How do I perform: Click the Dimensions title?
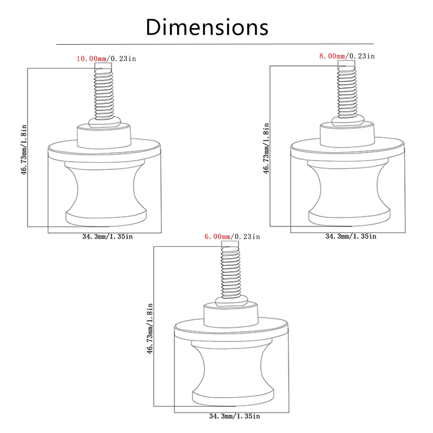pos(207,27)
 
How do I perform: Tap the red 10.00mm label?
pos(91,58)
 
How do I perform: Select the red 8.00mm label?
pos(332,56)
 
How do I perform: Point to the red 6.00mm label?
pos(217,237)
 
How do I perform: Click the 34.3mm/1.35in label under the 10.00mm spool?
pos(107,237)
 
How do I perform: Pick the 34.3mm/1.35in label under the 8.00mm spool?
pos(351,236)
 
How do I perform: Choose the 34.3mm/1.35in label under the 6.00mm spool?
pos(234,416)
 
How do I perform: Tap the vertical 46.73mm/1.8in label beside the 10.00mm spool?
pos(24,150)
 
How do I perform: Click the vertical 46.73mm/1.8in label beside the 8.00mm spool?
pos(266,148)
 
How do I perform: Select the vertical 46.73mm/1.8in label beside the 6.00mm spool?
pos(149,329)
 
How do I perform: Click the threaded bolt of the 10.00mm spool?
pos(104,94)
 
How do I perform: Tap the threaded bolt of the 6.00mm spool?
pos(231,272)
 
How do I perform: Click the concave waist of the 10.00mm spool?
pos(106,191)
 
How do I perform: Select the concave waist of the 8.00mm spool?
pos(349,191)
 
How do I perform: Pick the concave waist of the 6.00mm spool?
pos(233,370)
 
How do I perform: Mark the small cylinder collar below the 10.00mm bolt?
pos(104,136)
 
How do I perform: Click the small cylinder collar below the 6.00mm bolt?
pos(231,315)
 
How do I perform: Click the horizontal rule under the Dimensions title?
pos(215,44)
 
